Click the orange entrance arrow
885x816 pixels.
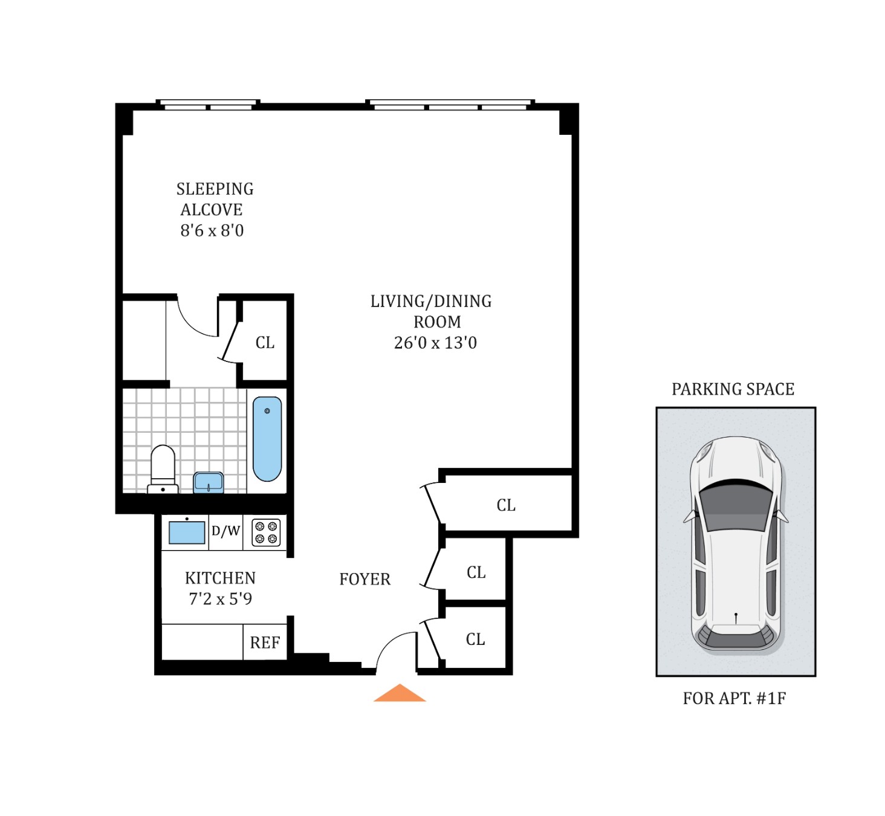click(x=400, y=694)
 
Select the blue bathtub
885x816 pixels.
click(x=267, y=438)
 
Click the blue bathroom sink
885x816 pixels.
click(x=209, y=482)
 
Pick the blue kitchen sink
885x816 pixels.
click(x=187, y=533)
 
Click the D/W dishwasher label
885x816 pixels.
click(x=225, y=531)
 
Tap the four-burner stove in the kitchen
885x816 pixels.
click(x=266, y=533)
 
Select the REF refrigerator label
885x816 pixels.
click(x=265, y=643)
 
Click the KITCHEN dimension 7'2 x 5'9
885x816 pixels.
click(x=220, y=599)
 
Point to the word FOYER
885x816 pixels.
click(x=365, y=579)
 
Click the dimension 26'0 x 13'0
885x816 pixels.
click(x=435, y=343)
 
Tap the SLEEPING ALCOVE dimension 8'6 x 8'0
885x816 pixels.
click(x=212, y=230)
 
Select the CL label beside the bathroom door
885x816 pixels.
click(x=265, y=343)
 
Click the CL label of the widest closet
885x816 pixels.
click(x=506, y=505)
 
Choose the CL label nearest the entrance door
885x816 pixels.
click(x=475, y=640)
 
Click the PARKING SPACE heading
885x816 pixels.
click(x=733, y=389)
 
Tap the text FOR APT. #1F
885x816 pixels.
click(x=734, y=698)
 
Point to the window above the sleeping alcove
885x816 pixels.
click(x=208, y=105)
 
